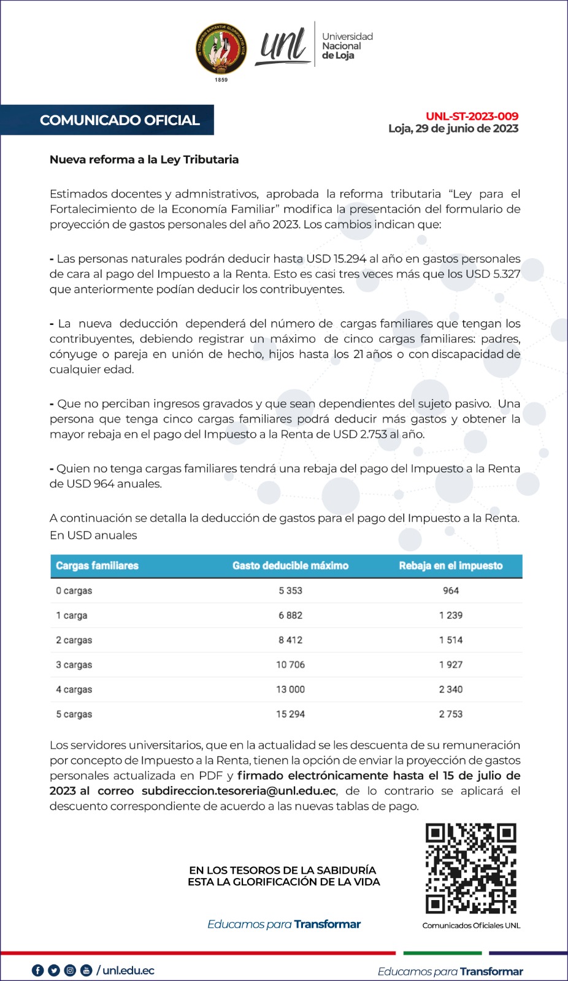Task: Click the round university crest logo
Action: [x=221, y=50]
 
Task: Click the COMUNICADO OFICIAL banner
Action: [x=120, y=120]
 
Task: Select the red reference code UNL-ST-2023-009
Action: [x=472, y=116]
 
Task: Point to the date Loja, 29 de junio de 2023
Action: [x=453, y=129]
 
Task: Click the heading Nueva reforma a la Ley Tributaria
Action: [x=144, y=159]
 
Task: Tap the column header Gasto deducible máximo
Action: [x=290, y=566]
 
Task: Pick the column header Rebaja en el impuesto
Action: [x=450, y=566]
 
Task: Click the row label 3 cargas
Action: [x=74, y=665]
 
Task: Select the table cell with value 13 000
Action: [x=290, y=689]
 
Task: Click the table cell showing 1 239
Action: [x=450, y=616]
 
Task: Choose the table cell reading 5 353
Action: [x=290, y=591]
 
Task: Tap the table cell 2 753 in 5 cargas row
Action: [x=450, y=714]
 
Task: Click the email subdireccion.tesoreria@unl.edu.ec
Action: [x=239, y=791]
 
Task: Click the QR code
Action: [x=470, y=868]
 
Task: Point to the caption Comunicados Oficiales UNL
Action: [x=471, y=925]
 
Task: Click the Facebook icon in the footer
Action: [x=38, y=971]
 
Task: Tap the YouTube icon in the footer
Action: [x=86, y=971]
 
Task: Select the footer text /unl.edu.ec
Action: [x=126, y=971]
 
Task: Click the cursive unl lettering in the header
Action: [x=283, y=47]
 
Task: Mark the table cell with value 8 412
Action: [x=290, y=640]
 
